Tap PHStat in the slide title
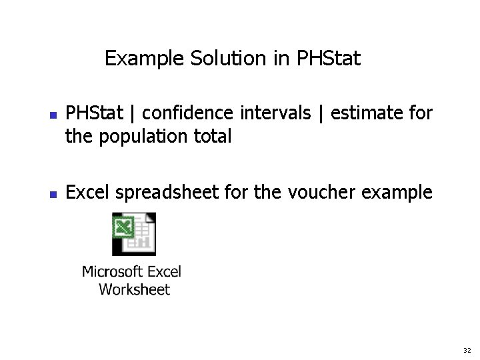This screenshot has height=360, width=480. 328,59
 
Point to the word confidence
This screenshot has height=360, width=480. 188,113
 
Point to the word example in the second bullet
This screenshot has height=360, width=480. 397,193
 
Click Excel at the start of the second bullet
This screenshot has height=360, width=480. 88,193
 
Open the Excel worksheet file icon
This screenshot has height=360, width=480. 133,234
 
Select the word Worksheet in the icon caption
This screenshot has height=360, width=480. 134,289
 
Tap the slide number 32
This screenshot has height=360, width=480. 466,350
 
